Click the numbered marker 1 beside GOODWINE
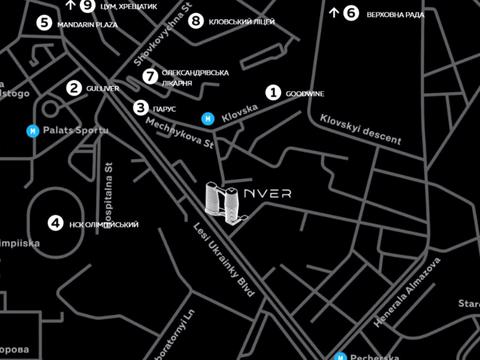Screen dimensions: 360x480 pyautogui.click(x=273, y=93)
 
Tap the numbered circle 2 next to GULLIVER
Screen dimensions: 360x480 pyautogui.click(x=74, y=88)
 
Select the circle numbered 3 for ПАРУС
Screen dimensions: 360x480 pyautogui.click(x=141, y=107)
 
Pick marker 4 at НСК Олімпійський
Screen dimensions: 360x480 pyautogui.click(x=56, y=224)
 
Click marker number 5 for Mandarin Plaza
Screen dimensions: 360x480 pyautogui.click(x=44, y=22)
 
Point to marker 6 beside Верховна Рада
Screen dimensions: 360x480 pyautogui.click(x=351, y=13)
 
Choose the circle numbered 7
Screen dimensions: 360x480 pyautogui.click(x=150, y=76)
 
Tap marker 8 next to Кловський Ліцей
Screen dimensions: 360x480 pyautogui.click(x=196, y=21)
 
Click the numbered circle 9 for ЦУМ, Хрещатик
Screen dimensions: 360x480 pyautogui.click(x=88, y=5)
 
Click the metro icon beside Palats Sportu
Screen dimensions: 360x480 pyautogui.click(x=33, y=130)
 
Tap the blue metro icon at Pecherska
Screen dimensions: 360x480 pyautogui.click(x=341, y=355)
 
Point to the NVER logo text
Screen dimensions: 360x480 pyautogui.click(x=272, y=193)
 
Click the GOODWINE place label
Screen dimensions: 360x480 pyautogui.click(x=305, y=94)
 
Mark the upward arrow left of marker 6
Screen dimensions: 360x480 pyautogui.click(x=333, y=13)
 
